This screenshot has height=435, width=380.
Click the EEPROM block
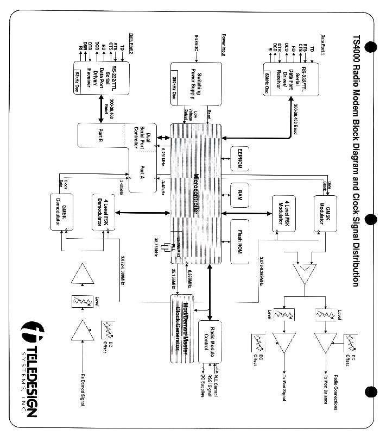coord(239,157)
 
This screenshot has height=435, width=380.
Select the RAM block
coord(239,196)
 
